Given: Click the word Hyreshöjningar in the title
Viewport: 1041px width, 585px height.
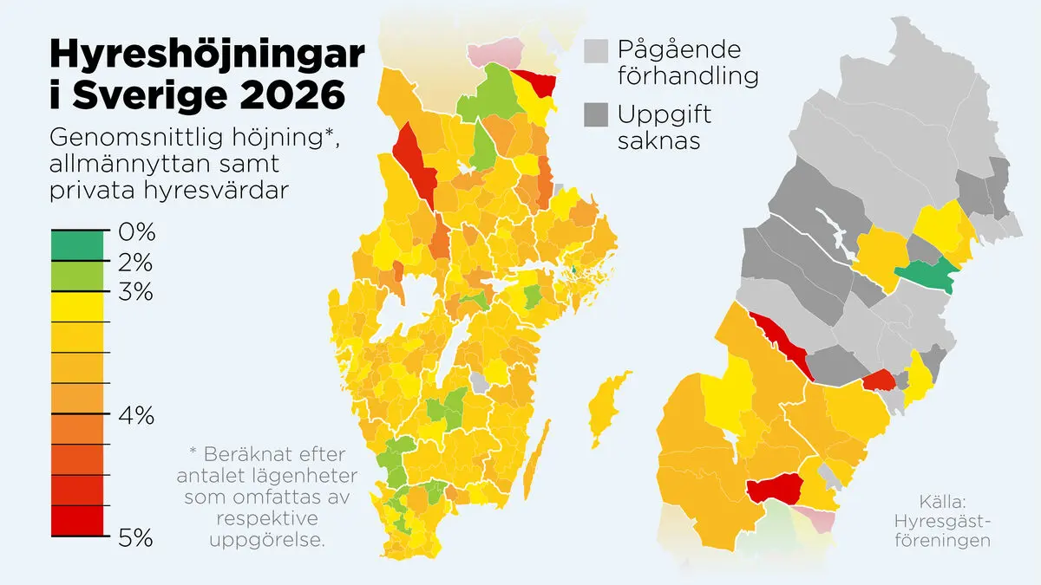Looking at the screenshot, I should coord(207,54).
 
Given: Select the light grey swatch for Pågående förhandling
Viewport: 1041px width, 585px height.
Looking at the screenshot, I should coord(596,50).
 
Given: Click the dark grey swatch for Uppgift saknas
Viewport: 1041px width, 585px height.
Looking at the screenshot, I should coord(596,114).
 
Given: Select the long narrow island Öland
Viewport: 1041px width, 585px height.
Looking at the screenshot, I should coord(539,455).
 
